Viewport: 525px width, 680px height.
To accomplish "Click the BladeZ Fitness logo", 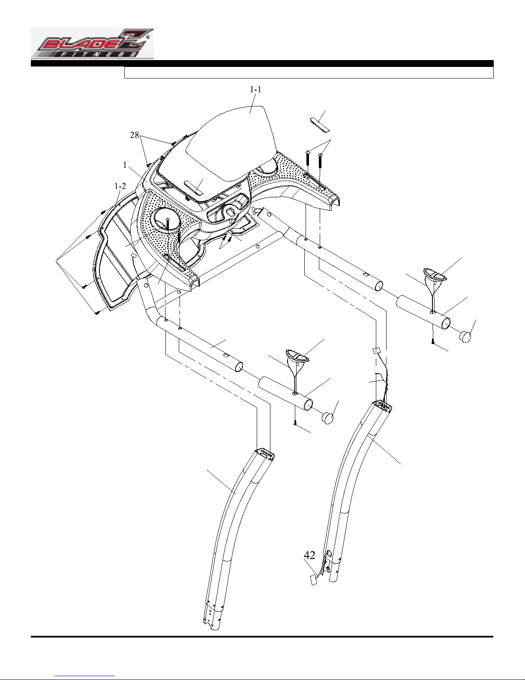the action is click(x=92, y=43).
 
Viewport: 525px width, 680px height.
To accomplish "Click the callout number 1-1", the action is click(x=255, y=90).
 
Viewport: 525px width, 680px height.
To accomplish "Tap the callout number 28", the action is click(x=135, y=135).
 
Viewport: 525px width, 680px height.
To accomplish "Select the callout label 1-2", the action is click(x=120, y=186).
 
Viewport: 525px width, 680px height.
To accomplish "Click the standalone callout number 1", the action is click(x=125, y=165).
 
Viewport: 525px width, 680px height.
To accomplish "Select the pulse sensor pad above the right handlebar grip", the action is click(x=435, y=275).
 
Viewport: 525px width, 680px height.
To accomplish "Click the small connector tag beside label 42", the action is click(x=313, y=581).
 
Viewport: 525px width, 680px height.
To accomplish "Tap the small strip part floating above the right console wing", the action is click(x=319, y=124).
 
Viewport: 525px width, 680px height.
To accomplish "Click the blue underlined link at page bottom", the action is click(x=85, y=676).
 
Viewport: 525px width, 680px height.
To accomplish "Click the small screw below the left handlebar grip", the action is click(x=295, y=423).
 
